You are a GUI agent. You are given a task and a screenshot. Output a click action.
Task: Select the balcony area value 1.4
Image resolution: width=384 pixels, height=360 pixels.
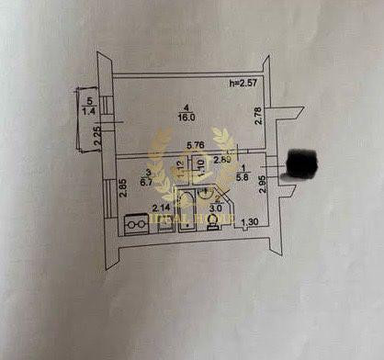click(89, 110)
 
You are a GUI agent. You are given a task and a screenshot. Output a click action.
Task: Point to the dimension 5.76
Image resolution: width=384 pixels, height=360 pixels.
click(196, 145)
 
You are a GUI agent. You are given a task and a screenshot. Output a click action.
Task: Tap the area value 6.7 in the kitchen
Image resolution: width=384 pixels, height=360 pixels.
click(145, 181)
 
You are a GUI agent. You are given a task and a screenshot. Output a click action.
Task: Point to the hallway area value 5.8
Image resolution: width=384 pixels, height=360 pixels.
click(243, 180)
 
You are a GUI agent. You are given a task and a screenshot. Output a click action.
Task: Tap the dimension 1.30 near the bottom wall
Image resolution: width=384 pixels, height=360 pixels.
click(249, 222)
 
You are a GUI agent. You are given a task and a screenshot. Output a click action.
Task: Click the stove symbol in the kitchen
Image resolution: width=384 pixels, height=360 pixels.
click(136, 222)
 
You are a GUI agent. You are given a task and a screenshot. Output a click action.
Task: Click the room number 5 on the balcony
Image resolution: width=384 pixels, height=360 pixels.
click(89, 101)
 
